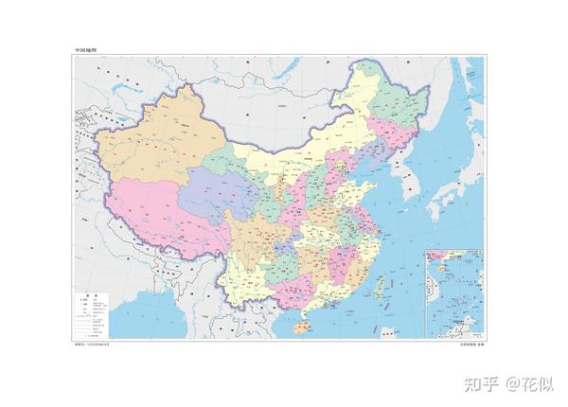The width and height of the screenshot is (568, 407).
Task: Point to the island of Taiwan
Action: (383, 281)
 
